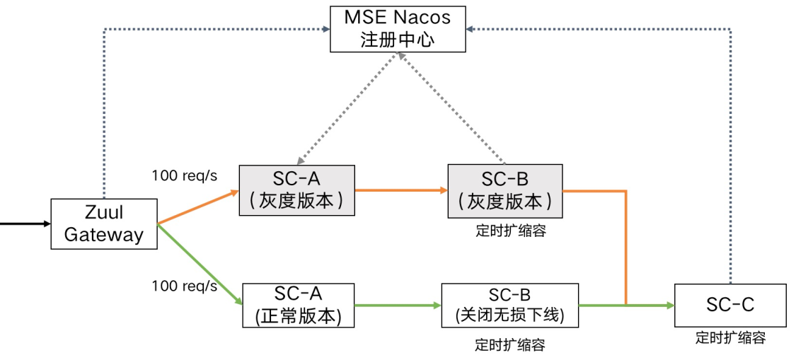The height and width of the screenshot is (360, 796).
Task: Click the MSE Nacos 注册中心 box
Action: pyautogui.click(x=398, y=28)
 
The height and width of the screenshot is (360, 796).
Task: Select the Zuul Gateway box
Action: pyautogui.click(x=103, y=224)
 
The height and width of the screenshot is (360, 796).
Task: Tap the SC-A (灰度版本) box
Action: pyautogui.click(x=296, y=190)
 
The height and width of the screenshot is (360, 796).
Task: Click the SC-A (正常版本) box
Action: pyautogui.click(x=298, y=306)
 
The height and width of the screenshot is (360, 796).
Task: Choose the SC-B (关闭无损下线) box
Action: pyautogui.click(x=509, y=306)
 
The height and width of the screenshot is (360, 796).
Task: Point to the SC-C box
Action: pyautogui.click(x=730, y=306)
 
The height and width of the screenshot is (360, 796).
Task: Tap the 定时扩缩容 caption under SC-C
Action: pyautogui.click(x=730, y=338)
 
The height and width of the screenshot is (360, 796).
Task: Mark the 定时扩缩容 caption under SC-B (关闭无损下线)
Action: pyautogui.click(x=509, y=345)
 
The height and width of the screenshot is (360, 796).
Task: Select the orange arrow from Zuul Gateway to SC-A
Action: pyautogui.click(x=198, y=207)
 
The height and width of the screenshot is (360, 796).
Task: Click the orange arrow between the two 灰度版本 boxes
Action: pyautogui.click(x=400, y=190)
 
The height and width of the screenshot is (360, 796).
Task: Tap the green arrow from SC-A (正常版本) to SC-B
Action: pyautogui.click(x=396, y=306)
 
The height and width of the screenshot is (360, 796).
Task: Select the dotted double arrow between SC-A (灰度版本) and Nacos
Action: pyautogui.click(x=347, y=110)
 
